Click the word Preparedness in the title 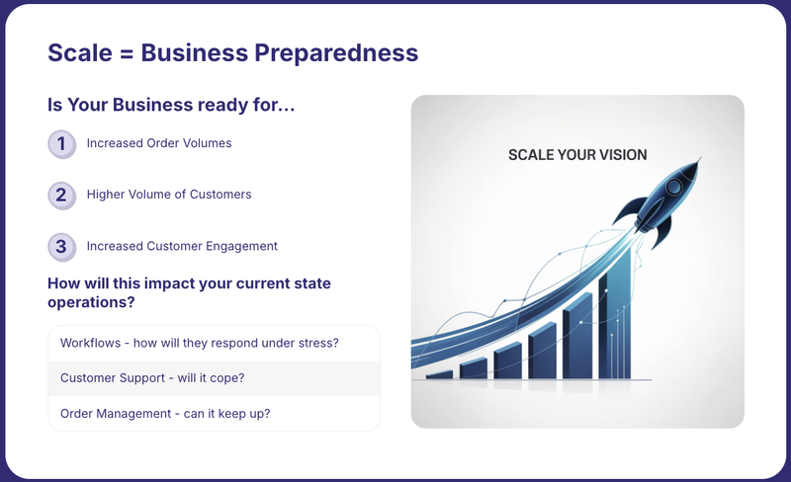(x=336, y=53)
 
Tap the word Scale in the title (x=80, y=53)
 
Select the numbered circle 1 (x=61, y=144)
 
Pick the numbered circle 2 (x=61, y=196)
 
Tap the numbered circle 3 (x=61, y=247)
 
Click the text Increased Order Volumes (x=159, y=143)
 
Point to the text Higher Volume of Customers (x=169, y=195)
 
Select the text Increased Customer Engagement (x=182, y=246)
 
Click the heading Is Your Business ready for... (x=171, y=105)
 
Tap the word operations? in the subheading (x=91, y=302)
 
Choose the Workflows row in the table (x=214, y=344)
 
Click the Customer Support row (x=214, y=378)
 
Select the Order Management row (x=214, y=414)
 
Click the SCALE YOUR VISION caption (x=577, y=155)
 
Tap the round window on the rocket (x=673, y=188)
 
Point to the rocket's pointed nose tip (x=700, y=158)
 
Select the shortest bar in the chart (x=439, y=374)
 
